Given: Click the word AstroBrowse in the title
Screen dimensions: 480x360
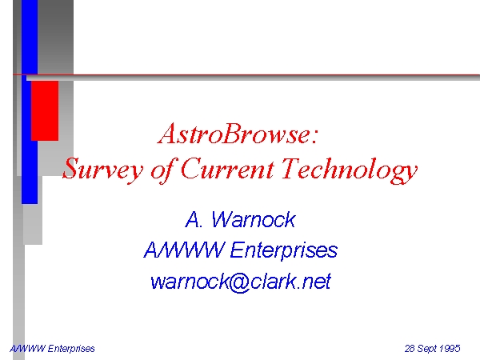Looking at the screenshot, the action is click(x=234, y=134).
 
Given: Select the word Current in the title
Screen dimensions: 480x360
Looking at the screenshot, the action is click(x=227, y=168).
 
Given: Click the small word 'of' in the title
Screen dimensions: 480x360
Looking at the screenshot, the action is click(x=162, y=170).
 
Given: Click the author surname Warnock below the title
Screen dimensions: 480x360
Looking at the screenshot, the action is click(x=253, y=219).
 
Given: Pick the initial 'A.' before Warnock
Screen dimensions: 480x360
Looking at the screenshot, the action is click(x=194, y=219).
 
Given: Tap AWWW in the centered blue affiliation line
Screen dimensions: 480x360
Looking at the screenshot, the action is click(x=184, y=250).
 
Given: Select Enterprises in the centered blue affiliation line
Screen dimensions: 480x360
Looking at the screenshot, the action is click(x=283, y=250).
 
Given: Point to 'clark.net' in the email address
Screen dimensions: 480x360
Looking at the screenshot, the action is click(x=291, y=281).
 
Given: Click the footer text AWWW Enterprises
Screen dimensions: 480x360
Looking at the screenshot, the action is click(x=52, y=349).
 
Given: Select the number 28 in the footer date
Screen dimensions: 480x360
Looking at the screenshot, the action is click(x=410, y=348).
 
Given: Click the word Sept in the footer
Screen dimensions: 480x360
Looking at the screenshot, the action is click(x=426, y=349).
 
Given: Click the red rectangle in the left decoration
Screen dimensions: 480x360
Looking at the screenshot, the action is click(x=45, y=110).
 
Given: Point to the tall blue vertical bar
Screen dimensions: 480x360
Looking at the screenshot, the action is click(x=30, y=102).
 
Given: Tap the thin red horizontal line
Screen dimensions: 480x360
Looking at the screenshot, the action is click(x=246, y=74).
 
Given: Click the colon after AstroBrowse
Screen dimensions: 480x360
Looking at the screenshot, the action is click(x=315, y=136).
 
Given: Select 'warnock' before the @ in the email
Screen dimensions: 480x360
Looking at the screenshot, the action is click(x=189, y=282).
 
